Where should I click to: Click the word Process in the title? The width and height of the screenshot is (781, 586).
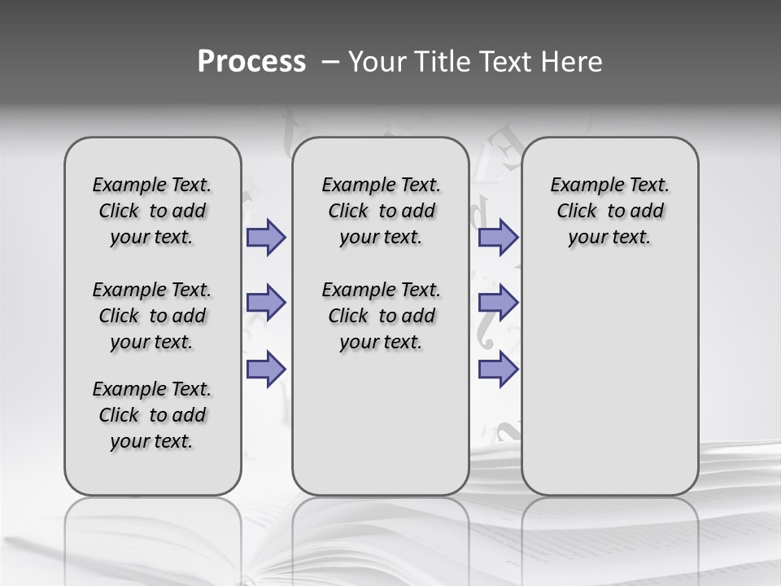[251, 62]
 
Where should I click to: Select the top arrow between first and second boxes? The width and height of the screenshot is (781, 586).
[266, 237]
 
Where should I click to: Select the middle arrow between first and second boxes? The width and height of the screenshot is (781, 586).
[266, 303]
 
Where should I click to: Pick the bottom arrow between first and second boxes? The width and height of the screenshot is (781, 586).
[266, 369]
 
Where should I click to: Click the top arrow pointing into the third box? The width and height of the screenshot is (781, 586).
[498, 237]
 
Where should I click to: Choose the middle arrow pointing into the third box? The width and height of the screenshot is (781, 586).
[498, 303]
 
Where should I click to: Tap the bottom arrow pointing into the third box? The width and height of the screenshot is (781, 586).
[498, 369]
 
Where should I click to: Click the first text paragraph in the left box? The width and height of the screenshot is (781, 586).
[152, 211]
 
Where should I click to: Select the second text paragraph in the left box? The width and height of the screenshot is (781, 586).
[152, 316]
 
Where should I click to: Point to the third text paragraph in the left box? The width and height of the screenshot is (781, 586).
[152, 415]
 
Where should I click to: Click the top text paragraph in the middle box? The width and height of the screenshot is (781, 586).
[381, 211]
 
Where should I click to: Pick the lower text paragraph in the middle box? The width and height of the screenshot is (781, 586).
[381, 316]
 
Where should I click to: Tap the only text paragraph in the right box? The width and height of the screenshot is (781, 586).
[609, 211]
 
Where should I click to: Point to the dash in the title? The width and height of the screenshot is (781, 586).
[330, 62]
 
